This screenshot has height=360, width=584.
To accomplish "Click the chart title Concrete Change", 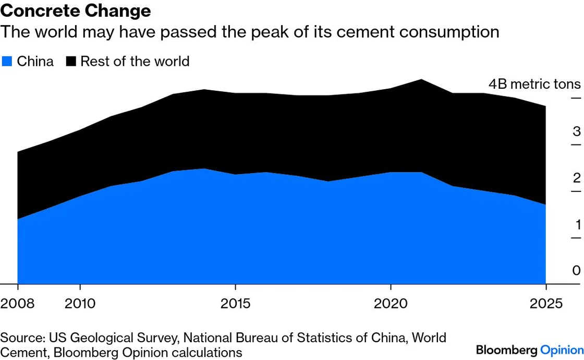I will tap(76, 10).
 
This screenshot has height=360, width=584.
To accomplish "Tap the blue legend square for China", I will tap(7, 62).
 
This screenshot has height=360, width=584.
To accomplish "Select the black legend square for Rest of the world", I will tap(71, 62).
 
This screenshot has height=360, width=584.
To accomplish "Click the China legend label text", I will tap(35, 62).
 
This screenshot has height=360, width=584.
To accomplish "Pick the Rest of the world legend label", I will tap(135, 62).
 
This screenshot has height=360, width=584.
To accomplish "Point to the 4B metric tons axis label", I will tap(534, 85).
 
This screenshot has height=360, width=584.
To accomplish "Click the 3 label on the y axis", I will tap(576, 131).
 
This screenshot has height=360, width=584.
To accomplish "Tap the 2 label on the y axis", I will tap(576, 178).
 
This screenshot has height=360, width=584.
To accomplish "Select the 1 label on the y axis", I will tap(577, 225).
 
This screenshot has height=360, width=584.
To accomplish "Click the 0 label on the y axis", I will tap(576, 271).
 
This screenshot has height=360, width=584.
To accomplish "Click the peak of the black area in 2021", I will tap(421, 80).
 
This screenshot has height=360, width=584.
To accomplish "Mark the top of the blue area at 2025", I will tap(545, 205).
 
